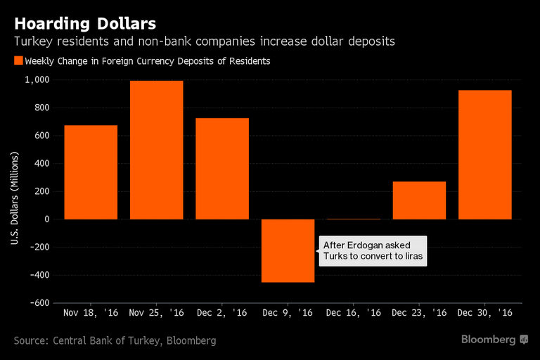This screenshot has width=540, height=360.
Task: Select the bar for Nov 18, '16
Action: pyautogui.click(x=91, y=172)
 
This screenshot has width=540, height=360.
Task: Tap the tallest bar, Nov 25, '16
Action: pyautogui.click(x=156, y=150)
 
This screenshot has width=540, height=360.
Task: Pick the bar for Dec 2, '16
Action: pyautogui.click(x=222, y=169)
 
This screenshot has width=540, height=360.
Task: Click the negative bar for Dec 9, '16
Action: pyautogui.click(x=288, y=250)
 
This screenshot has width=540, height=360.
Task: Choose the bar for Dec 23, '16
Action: pyautogui.click(x=419, y=200)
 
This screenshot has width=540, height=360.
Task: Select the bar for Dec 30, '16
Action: pyautogui.click(x=484, y=155)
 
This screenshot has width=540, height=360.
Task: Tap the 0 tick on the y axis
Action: pyautogui.click(x=46, y=219)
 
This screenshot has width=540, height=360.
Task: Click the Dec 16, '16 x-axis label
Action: pyautogui.click(x=354, y=312)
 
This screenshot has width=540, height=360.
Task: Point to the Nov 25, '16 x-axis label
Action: pyautogui.click(x=156, y=312)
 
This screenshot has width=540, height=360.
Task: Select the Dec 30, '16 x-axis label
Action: pyautogui.click(x=484, y=312)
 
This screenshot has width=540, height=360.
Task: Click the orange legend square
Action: pyautogui.click(x=18, y=61)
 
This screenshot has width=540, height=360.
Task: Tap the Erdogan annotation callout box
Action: pyautogui.click(x=373, y=251)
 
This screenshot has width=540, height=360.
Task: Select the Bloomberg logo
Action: pyautogui.click(x=494, y=340)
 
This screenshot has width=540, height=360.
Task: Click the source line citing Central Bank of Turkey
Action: pyautogui.click(x=115, y=341)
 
